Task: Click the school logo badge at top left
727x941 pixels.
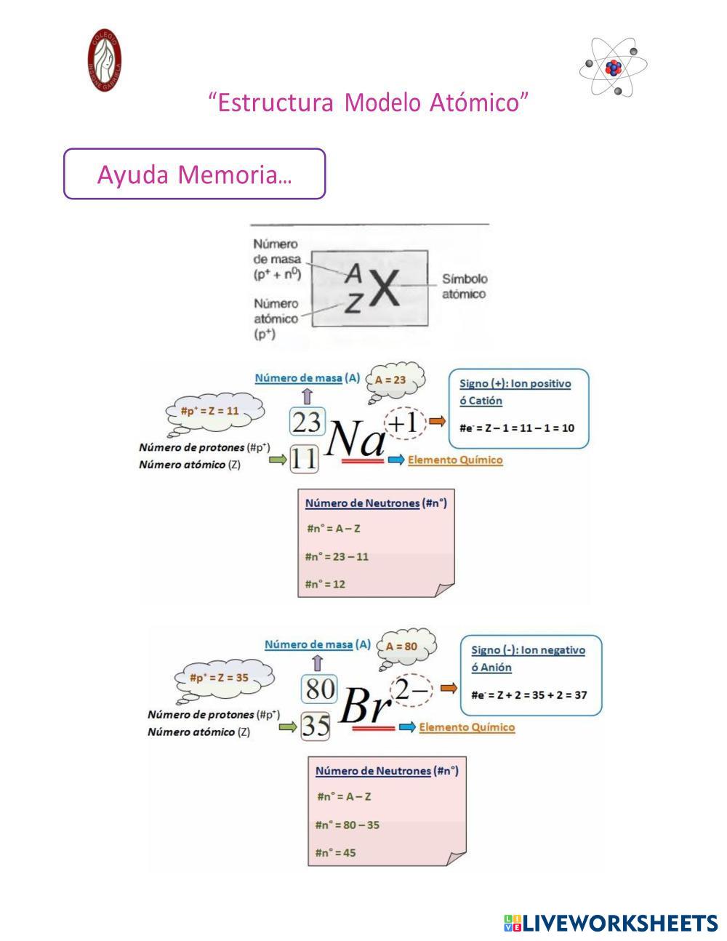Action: pyautogui.click(x=105, y=60)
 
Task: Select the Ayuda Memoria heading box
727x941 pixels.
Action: pyautogui.click(x=194, y=175)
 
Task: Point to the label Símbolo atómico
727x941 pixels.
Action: pyautogui.click(x=465, y=287)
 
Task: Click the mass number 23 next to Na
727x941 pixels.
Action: pyautogui.click(x=306, y=422)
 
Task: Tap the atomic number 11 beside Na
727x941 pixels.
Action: pyautogui.click(x=305, y=459)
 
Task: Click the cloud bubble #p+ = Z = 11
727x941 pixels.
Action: pyautogui.click(x=209, y=411)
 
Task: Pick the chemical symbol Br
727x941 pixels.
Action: pyautogui.click(x=366, y=704)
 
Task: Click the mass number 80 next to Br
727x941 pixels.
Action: pyautogui.click(x=319, y=689)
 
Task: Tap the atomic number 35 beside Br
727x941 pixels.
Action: pyautogui.click(x=316, y=726)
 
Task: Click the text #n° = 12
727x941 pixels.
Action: pyautogui.click(x=325, y=584)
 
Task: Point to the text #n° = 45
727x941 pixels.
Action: pyautogui.click(x=335, y=852)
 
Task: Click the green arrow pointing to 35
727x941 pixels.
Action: pyautogui.click(x=289, y=726)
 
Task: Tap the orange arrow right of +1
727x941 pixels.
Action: pyautogui.click(x=437, y=421)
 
